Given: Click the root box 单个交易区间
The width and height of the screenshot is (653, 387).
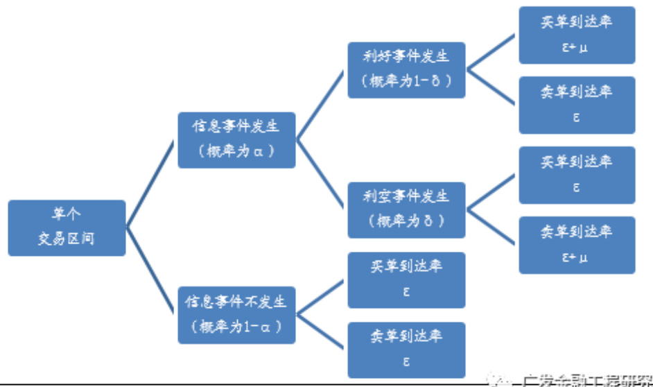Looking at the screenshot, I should pos(67,227).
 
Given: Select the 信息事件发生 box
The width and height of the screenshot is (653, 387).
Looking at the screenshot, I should pos(236,139).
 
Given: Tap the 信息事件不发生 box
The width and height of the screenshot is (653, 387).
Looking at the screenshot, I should pos(236,314).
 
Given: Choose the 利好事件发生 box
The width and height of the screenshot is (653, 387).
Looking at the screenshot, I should pos(406,69).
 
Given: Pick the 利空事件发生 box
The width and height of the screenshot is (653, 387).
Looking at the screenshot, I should pos(406,209).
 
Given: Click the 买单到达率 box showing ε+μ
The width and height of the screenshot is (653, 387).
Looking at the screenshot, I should pos(577,35).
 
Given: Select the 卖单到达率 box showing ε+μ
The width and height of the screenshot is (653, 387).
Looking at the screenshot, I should pos(577,244).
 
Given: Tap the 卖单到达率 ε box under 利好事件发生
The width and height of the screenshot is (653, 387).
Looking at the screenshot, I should pos(577,105).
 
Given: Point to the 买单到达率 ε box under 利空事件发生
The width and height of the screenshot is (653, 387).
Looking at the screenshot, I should pos(577,175).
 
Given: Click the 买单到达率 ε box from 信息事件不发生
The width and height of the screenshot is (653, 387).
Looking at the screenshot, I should pos(406,279).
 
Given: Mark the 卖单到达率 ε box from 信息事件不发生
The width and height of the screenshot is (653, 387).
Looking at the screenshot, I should pos(406,350).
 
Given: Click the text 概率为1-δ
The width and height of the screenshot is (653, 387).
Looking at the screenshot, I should pos(406,81).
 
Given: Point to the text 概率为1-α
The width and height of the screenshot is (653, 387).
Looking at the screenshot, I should pos(236,326).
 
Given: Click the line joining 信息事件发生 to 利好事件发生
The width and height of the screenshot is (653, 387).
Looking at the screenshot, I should pos(321,105).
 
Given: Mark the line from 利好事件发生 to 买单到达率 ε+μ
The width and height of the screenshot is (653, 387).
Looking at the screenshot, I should pos(492,53).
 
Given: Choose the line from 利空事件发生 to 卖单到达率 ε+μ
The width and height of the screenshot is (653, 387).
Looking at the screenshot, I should pos(492,227).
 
